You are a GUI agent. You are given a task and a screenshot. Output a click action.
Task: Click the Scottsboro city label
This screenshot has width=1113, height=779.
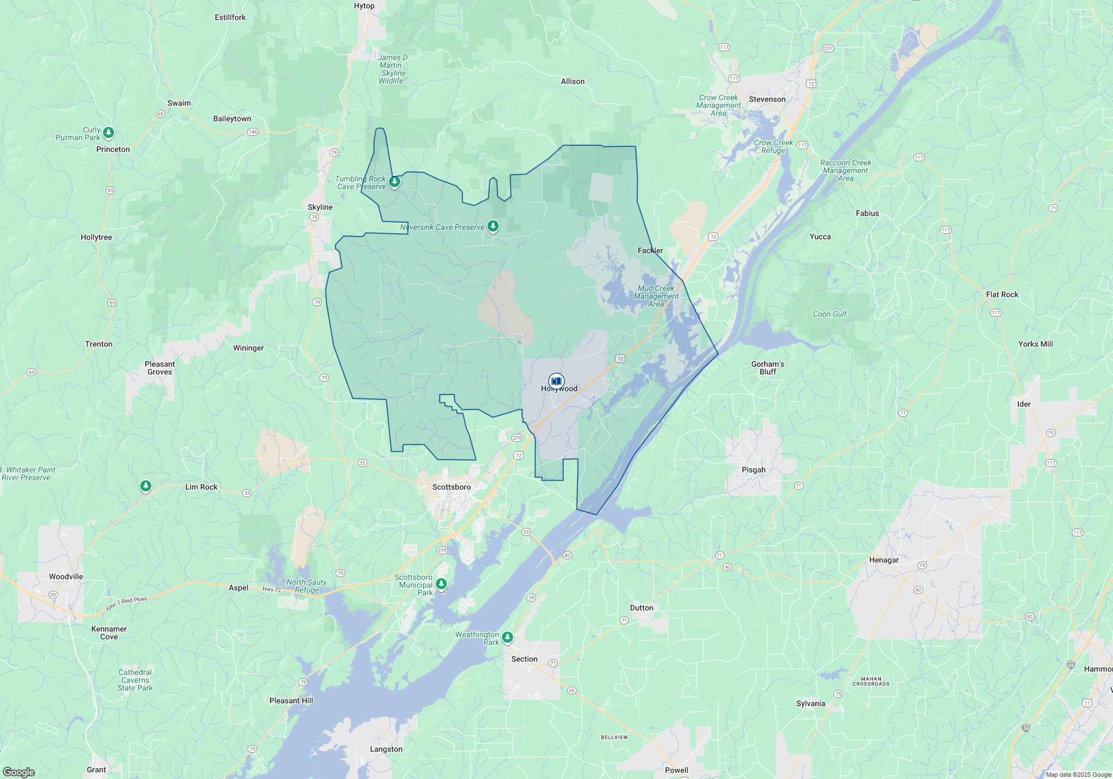[x=451, y=487]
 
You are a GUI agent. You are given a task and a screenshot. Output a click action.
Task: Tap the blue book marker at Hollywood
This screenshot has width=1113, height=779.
[x=556, y=381]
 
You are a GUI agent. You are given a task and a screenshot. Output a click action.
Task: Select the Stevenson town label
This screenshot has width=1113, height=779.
[x=767, y=100]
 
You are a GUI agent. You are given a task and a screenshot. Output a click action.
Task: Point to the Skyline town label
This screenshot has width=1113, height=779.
[x=320, y=207]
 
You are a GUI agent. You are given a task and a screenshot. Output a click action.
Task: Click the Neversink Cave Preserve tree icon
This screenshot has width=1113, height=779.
[x=493, y=226]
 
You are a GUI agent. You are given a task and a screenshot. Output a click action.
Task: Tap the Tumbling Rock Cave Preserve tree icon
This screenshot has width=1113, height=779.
[x=395, y=181]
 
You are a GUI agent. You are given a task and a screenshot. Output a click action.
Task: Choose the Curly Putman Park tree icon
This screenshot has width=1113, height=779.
[x=109, y=132]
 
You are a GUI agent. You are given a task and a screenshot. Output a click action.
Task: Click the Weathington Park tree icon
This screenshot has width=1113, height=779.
[x=507, y=637]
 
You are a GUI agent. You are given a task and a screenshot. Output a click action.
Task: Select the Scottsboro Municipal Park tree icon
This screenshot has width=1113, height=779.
[x=441, y=584]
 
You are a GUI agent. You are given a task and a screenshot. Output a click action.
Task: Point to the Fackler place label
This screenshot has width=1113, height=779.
[x=650, y=250]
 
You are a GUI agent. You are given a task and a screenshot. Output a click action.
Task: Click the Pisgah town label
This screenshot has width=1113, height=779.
[x=754, y=470]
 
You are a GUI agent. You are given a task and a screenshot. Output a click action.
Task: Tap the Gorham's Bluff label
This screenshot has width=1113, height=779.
[x=767, y=368]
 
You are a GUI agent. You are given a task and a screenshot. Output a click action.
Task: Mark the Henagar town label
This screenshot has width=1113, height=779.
[x=884, y=560]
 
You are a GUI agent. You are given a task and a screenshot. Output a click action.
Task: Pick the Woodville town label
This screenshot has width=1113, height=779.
[x=66, y=576]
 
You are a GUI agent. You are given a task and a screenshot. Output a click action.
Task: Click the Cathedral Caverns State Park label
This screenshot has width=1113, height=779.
[x=135, y=680]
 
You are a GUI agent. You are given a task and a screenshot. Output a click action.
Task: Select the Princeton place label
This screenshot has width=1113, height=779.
[x=113, y=149]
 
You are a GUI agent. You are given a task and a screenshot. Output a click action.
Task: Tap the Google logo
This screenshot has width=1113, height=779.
[x=18, y=772]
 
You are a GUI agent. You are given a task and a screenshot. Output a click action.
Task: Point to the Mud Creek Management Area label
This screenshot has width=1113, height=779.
[x=656, y=296]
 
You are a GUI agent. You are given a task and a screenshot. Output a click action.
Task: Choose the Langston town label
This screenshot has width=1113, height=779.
[x=386, y=749]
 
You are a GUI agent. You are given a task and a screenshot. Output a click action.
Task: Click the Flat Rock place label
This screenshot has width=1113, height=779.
[x=1002, y=294]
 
